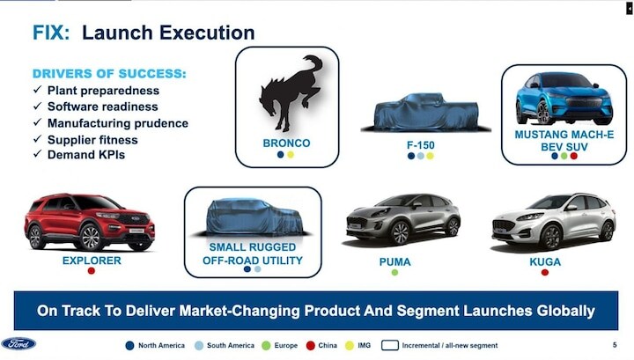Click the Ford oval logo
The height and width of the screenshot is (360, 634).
pos(18,344)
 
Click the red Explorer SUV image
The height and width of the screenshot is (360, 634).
pos(89,222)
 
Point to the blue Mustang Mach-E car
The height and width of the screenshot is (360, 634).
pos(564,99)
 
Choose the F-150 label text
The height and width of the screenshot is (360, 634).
pos(421,144)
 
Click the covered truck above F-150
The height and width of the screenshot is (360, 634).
pos(426,113)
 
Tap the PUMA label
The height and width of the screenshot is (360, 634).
pos(394,261)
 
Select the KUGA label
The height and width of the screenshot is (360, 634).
pos(545,261)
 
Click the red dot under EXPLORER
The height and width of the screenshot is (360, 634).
pos(92,271)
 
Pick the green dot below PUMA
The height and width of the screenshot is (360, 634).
pos(394,272)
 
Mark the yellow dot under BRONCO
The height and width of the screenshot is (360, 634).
pos(291,155)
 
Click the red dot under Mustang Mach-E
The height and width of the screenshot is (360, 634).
pos(574,156)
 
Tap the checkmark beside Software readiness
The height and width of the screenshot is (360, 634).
pos(38,106)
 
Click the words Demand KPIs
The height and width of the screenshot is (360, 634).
pos(86,155)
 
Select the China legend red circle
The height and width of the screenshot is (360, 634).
pos(311,345)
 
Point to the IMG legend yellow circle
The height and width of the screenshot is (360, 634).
pos(350,345)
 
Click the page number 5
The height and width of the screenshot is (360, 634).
pos(615,345)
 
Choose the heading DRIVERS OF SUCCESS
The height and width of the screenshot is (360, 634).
pos(109,74)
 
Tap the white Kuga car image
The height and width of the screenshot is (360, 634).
pos(554,221)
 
